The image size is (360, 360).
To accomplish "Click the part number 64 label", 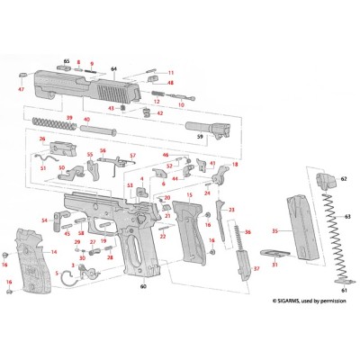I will click(113, 69).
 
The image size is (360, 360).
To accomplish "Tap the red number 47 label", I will click(21, 90).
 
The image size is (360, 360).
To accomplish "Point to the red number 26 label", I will click(41, 139).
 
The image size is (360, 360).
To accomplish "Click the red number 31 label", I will click(275, 265).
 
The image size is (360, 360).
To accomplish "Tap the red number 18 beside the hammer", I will click(236, 166).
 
